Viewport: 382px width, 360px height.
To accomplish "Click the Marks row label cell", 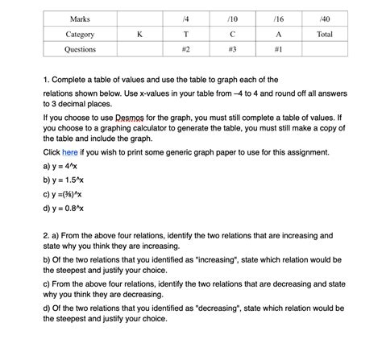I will [x=80, y=19].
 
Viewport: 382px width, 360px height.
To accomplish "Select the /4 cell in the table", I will [x=185, y=19].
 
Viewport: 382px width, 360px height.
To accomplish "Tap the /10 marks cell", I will [x=232, y=19].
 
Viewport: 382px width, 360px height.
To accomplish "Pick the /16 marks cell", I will [x=279, y=19].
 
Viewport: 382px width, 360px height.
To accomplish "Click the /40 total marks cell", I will [x=325, y=19].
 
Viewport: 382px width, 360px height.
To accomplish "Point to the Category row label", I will [x=80, y=35].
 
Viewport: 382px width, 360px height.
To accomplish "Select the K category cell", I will [x=139, y=35].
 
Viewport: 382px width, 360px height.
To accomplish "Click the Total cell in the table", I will [x=325, y=35].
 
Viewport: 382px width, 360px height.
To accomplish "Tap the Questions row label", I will [x=80, y=50].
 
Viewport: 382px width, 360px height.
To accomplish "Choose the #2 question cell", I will [x=185, y=50].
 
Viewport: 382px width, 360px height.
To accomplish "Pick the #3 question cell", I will [x=232, y=50].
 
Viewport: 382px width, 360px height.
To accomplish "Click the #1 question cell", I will [x=279, y=50].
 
